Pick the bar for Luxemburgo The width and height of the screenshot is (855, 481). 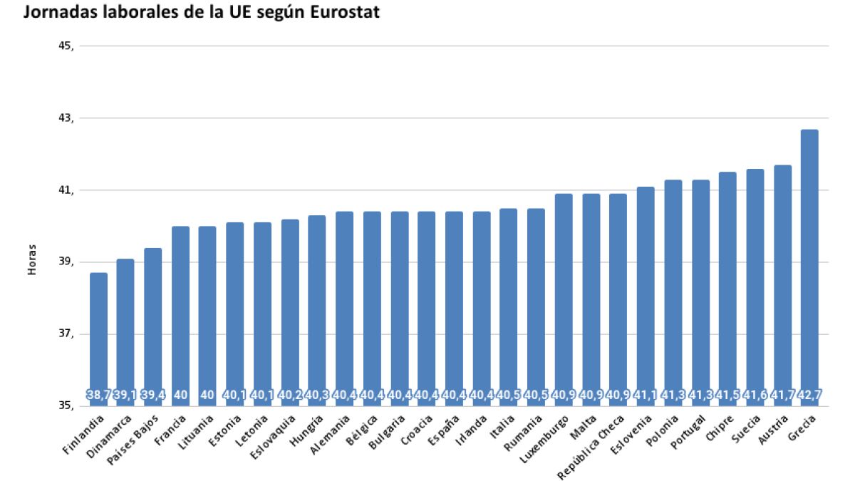pyautogui.click(x=564, y=299)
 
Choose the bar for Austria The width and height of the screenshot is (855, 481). pyautogui.click(x=782, y=285)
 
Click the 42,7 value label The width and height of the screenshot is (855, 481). pyautogui.click(x=809, y=395)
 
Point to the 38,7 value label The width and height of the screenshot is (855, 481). pyautogui.click(x=98, y=395)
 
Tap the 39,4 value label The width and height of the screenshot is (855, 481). pyautogui.click(x=153, y=395)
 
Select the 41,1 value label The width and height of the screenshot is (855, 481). pyautogui.click(x=646, y=395)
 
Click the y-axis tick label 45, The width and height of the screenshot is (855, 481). pyautogui.click(x=66, y=46)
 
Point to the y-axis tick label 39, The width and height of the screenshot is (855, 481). pyautogui.click(x=66, y=262)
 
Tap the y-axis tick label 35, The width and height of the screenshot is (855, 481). pyautogui.click(x=66, y=406)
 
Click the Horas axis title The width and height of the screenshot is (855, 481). pyautogui.click(x=31, y=262)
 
